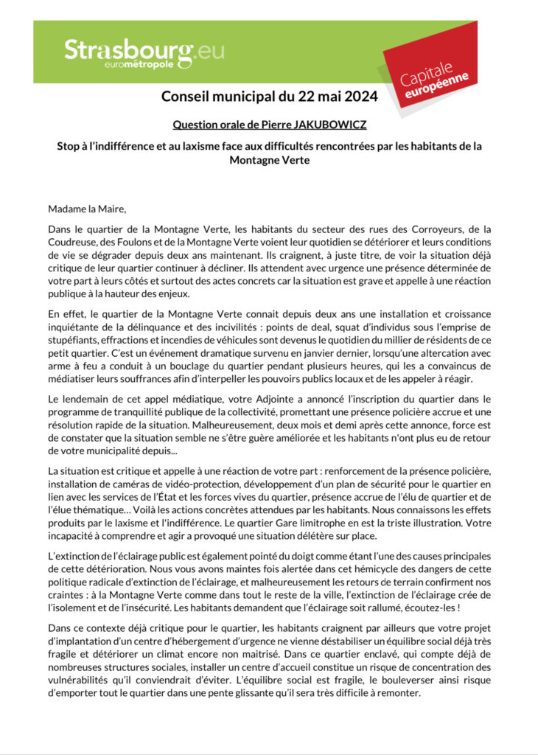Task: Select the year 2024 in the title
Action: pyautogui.click(x=359, y=96)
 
